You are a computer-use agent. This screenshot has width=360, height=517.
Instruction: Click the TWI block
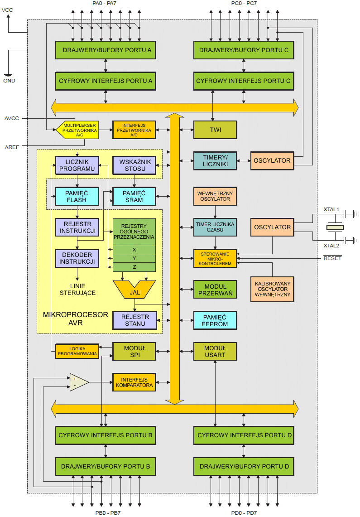(x=215, y=130)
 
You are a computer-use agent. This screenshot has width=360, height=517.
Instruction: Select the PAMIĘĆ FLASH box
(x=77, y=196)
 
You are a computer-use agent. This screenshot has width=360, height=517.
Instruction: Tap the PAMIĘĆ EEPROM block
(x=215, y=320)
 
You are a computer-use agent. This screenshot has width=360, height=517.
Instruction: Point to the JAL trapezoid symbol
(x=134, y=290)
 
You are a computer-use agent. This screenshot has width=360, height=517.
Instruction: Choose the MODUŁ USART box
(x=215, y=351)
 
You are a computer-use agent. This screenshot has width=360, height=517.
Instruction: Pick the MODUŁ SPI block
(x=134, y=351)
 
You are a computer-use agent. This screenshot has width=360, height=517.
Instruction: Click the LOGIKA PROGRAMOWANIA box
(x=77, y=351)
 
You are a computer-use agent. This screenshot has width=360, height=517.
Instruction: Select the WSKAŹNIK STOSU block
(x=134, y=165)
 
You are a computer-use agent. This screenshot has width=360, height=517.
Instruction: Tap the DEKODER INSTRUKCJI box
(x=77, y=258)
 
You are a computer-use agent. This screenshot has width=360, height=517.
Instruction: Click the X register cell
(x=134, y=249)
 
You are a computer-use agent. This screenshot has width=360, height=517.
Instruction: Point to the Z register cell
(x=134, y=267)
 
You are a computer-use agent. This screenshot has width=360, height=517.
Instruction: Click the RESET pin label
(x=332, y=258)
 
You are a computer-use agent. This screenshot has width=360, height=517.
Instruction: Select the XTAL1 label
(x=331, y=209)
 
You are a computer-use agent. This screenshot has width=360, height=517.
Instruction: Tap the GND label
(x=9, y=81)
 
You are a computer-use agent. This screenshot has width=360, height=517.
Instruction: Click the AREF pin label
(x=12, y=147)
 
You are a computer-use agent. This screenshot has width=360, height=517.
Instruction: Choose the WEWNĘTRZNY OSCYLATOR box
(x=215, y=196)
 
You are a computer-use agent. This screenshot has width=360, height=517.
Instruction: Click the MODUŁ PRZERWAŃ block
(x=215, y=290)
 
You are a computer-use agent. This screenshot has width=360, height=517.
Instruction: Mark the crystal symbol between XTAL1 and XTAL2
(x=335, y=227)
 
